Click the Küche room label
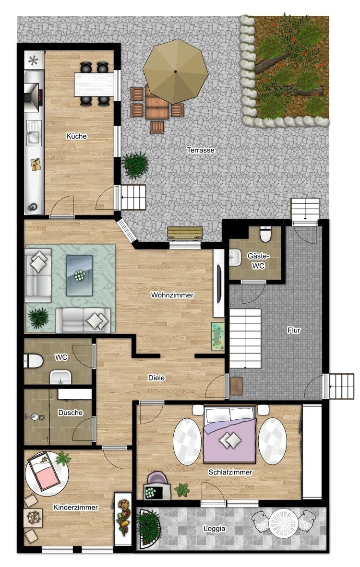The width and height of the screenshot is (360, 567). pos(76,136)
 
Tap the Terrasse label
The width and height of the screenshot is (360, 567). pos(201,150)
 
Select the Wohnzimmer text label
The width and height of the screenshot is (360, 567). pos(172,295)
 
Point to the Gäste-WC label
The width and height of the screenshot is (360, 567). pos(258,261)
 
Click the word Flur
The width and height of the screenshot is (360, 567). pos(294,330)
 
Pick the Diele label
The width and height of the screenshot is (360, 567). pos(156,378)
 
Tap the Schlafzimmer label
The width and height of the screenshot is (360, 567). pos(230,472)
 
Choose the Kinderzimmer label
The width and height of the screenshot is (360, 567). pos(75,507)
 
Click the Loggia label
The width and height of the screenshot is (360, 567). pos(214,528)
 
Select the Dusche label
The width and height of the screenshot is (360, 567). pos(70,412)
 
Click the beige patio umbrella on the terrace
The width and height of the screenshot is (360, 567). pos(176,71)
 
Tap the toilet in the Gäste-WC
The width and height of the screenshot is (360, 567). pos(265,234)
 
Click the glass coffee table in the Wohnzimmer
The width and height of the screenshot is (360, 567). pos(79,275)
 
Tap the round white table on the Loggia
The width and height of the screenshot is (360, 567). pos(283,522)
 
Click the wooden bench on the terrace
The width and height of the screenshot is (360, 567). pos(184,233)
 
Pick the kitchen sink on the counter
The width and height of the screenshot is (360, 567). pos(33,133)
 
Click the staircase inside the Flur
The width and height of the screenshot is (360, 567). pos(245,339)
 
